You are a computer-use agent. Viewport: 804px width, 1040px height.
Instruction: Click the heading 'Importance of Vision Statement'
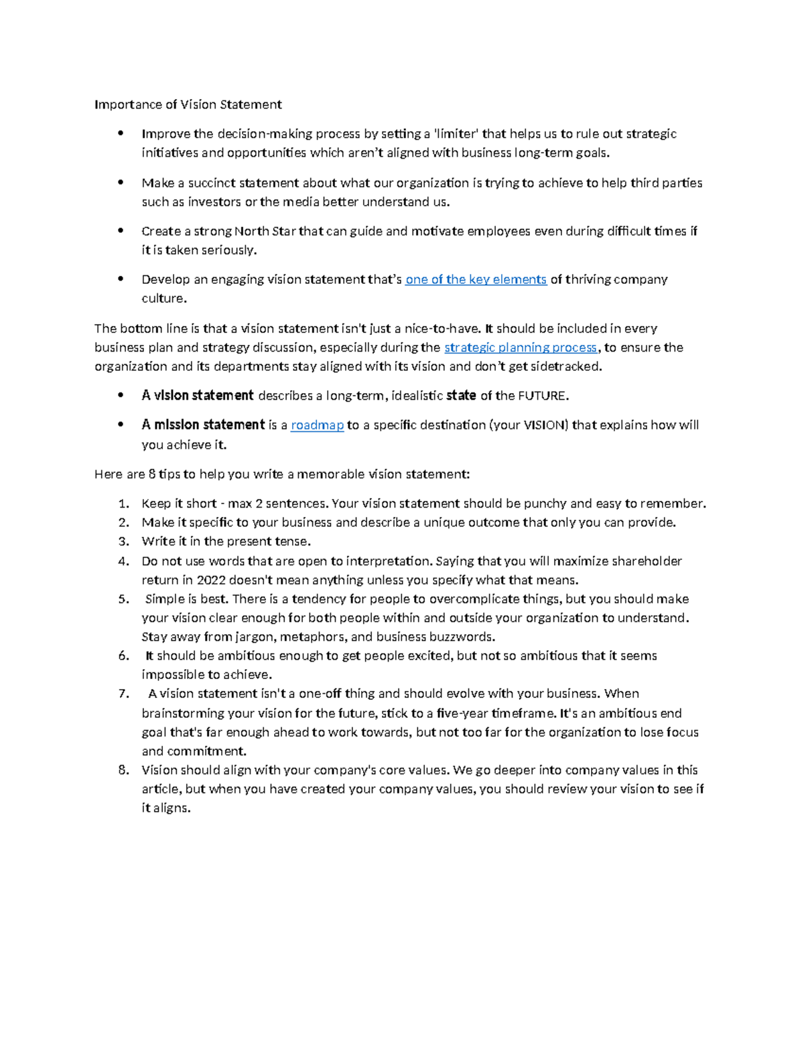pos(188,104)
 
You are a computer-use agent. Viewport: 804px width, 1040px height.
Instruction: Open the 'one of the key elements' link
pos(476,279)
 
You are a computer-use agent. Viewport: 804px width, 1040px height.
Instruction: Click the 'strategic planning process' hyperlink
pos(521,348)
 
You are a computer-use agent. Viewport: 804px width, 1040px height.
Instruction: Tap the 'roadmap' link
pos(317,425)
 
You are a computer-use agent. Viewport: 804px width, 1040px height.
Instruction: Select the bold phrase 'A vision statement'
pos(198,396)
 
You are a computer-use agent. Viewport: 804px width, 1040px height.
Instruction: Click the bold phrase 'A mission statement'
pos(203,425)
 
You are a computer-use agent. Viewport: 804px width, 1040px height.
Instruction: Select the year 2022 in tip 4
pos(211,580)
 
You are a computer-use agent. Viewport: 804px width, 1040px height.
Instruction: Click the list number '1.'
pos(123,504)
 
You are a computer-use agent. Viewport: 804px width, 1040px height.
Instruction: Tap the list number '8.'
pos(123,770)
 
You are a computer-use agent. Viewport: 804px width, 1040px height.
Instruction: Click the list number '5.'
pos(123,599)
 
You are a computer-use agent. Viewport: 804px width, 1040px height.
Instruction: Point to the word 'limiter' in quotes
pos(456,134)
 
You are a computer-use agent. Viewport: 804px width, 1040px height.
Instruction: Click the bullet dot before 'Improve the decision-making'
pos(121,133)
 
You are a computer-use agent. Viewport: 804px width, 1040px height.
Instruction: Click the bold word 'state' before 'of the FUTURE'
pos(461,396)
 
